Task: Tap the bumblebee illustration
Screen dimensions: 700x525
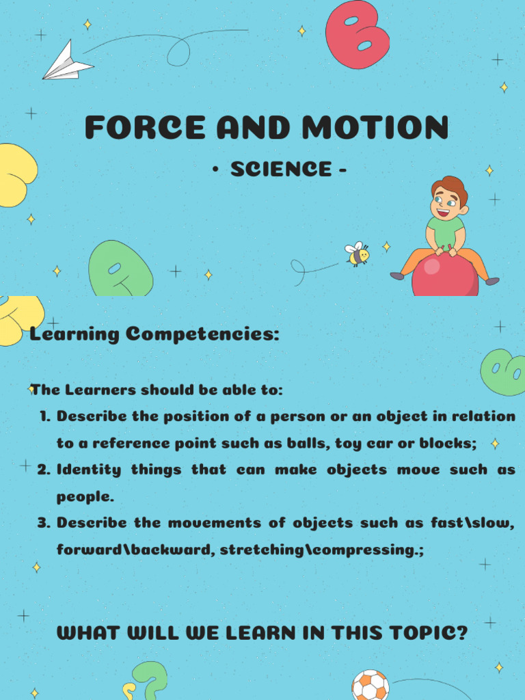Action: click(x=358, y=254)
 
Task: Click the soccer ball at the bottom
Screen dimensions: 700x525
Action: click(x=370, y=686)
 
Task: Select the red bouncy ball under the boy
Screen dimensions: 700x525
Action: click(x=444, y=276)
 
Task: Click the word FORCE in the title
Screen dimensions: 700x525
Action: click(x=145, y=128)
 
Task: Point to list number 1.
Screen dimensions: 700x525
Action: click(x=45, y=416)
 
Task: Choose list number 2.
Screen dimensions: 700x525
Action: click(x=44, y=470)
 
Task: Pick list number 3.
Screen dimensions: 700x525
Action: click(x=44, y=523)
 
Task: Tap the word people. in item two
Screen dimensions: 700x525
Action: click(x=85, y=496)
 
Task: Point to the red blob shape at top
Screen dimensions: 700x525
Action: click(x=357, y=34)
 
